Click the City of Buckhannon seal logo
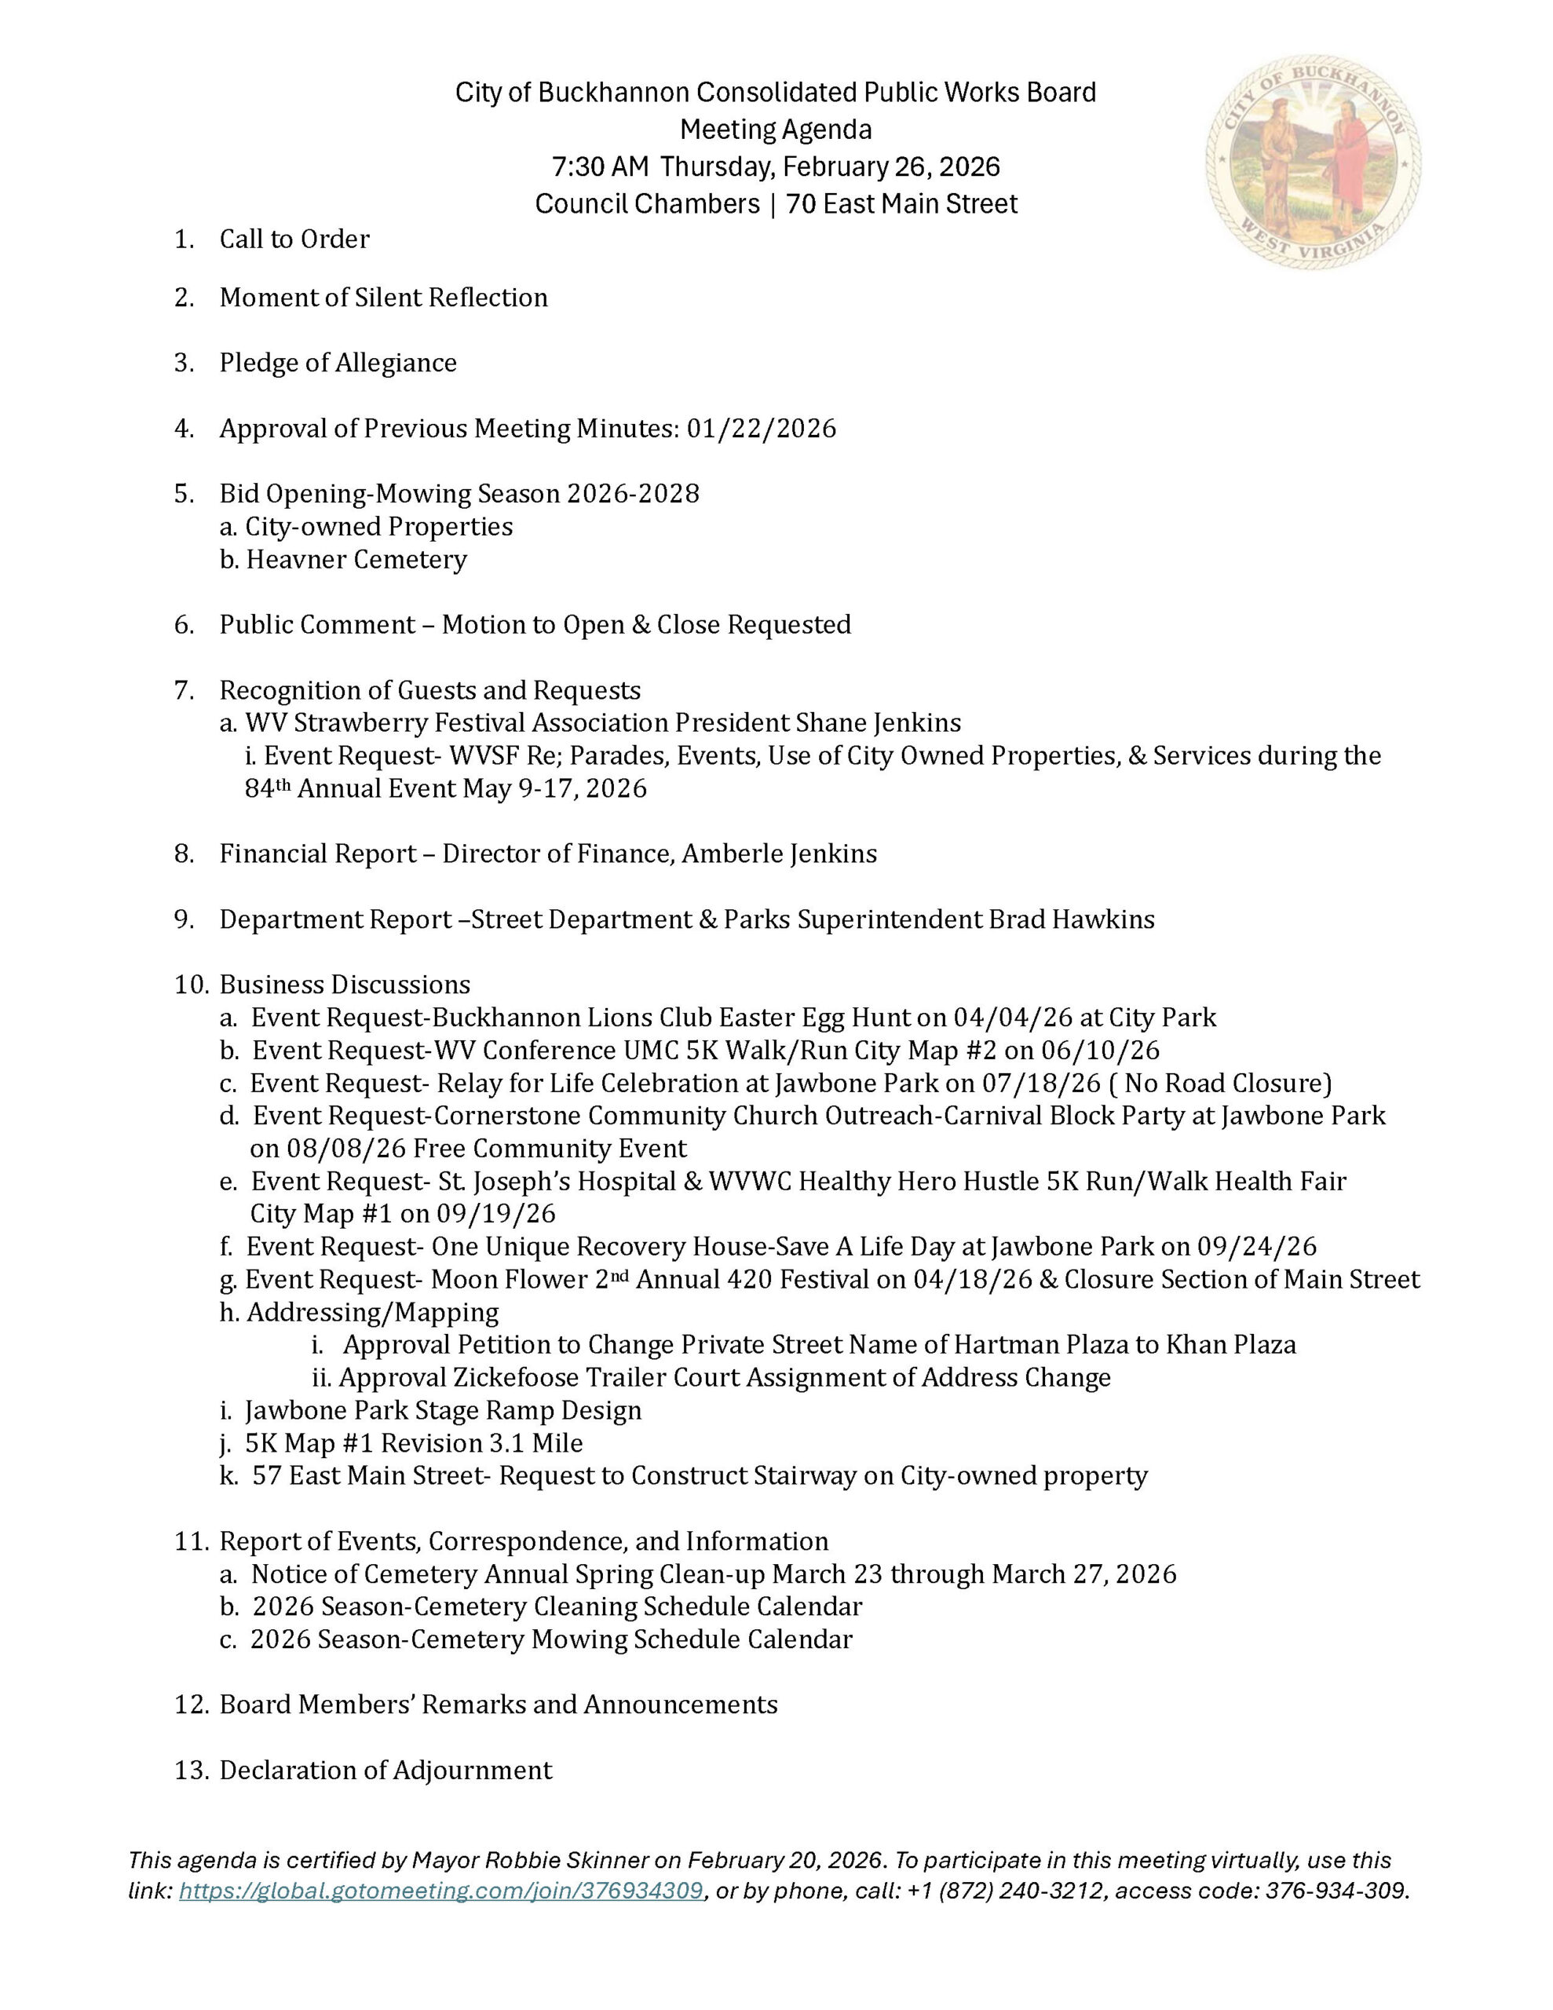click(x=1314, y=162)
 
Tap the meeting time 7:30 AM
click(x=600, y=166)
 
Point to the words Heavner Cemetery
click(x=356, y=560)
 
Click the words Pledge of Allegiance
click(x=338, y=363)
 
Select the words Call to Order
click(x=294, y=239)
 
